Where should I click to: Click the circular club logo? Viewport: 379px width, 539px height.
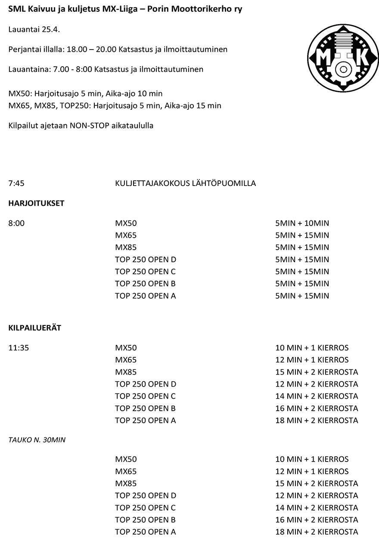tap(343, 58)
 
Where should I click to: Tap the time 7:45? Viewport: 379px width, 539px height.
tap(16, 183)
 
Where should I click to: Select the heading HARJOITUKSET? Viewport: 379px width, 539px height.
tap(36, 203)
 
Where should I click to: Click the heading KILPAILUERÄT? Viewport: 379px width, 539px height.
tap(35, 328)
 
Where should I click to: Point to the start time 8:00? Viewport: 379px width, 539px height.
tap(16, 223)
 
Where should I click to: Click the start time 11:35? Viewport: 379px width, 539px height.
tap(19, 348)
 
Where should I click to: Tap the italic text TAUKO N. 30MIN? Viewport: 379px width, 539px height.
tap(37, 440)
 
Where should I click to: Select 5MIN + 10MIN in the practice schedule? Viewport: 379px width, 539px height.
tap(302, 223)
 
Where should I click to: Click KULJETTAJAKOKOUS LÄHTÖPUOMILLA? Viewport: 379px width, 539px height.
tap(185, 183)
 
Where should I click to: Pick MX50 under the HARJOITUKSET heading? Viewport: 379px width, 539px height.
tap(126, 223)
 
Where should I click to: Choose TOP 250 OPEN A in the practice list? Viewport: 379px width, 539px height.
tap(145, 296)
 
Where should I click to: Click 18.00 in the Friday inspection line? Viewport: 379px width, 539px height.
tap(76, 50)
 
